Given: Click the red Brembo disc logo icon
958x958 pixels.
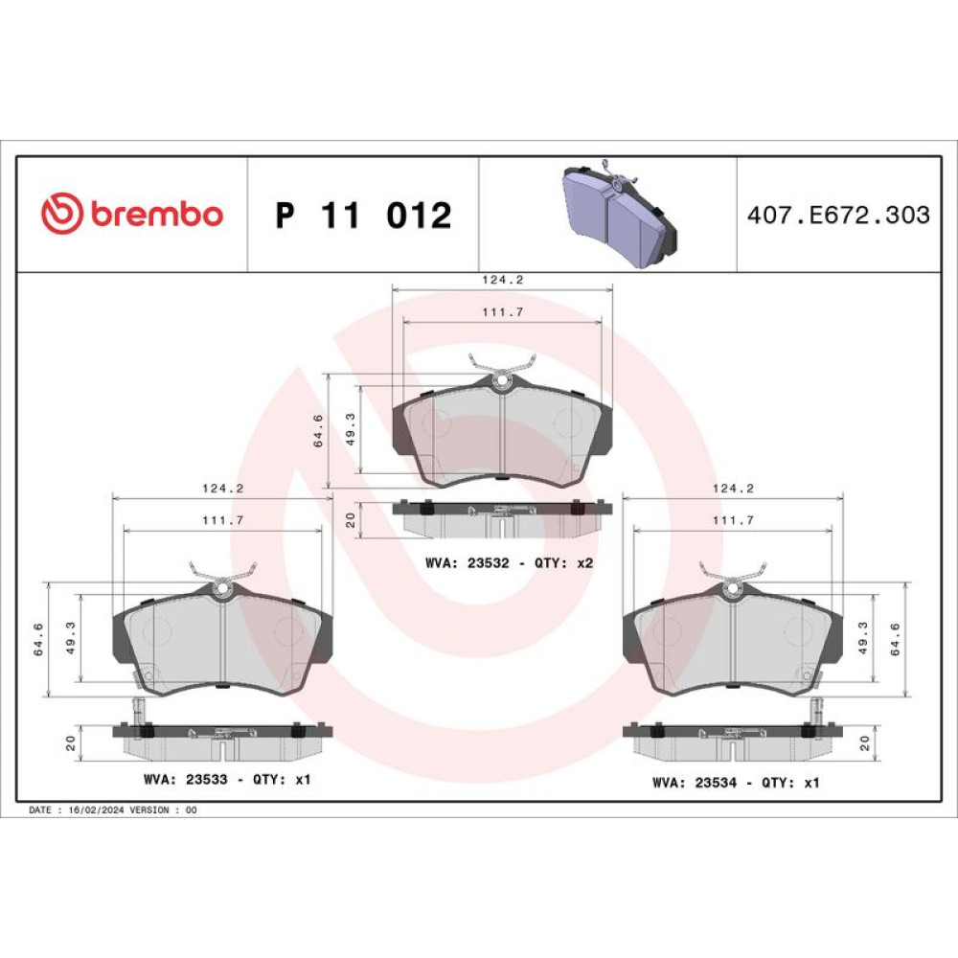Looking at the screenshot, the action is pyautogui.click(x=61, y=214).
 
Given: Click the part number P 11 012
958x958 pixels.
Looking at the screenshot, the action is pyautogui.click(x=363, y=215).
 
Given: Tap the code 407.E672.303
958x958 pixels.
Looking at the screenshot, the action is pyautogui.click(x=838, y=215).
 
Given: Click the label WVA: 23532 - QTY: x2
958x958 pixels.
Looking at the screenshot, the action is pyautogui.click(x=509, y=562).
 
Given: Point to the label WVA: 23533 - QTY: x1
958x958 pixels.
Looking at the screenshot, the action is pyautogui.click(x=227, y=780).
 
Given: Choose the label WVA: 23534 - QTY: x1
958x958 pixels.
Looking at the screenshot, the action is pyautogui.click(x=736, y=783).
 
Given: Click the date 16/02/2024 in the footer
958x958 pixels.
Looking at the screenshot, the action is pyautogui.click(x=97, y=810).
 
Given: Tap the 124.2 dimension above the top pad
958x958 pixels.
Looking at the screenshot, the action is pyautogui.click(x=503, y=280).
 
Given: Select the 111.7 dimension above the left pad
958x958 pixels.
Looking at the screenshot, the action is pyautogui.click(x=223, y=520).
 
